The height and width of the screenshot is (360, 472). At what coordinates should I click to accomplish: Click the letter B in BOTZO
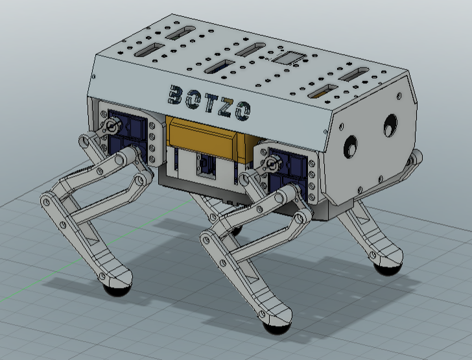pos(176,95)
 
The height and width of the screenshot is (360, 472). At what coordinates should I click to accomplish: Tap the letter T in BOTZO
pos(210,104)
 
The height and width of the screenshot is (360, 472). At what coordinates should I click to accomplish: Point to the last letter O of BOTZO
pos(242,113)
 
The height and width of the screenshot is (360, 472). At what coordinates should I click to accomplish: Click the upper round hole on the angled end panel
pos(391,122)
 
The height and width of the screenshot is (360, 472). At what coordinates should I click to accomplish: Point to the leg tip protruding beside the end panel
pos(416,158)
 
